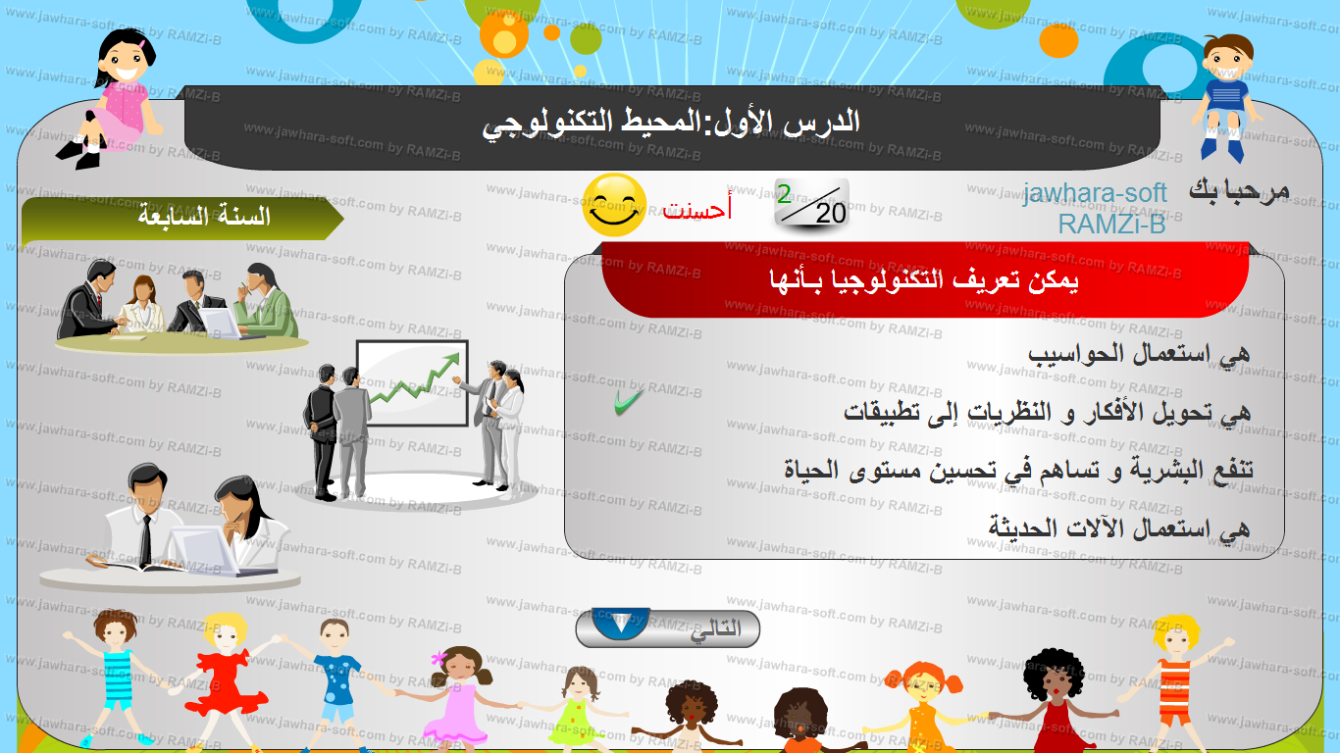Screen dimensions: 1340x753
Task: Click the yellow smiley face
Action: (x=614, y=205)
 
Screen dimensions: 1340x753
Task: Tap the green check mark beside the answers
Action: (x=629, y=402)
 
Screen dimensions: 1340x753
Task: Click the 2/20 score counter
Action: (x=812, y=204)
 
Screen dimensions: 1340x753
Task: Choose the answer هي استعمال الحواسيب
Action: (x=1139, y=354)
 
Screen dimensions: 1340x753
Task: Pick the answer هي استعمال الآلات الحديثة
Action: (x=1118, y=528)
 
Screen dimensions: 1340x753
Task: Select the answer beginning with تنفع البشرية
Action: (x=1018, y=470)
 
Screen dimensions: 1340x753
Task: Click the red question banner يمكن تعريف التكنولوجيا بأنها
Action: (x=925, y=279)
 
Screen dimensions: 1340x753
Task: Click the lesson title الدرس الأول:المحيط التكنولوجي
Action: (x=671, y=124)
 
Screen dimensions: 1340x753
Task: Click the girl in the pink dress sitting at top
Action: (x=114, y=99)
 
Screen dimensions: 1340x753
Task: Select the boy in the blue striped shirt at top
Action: (x=1226, y=97)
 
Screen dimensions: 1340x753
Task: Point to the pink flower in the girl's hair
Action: (x=438, y=659)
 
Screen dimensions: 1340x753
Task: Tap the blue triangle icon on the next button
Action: (x=621, y=624)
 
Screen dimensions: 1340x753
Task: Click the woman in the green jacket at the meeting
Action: (x=266, y=301)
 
